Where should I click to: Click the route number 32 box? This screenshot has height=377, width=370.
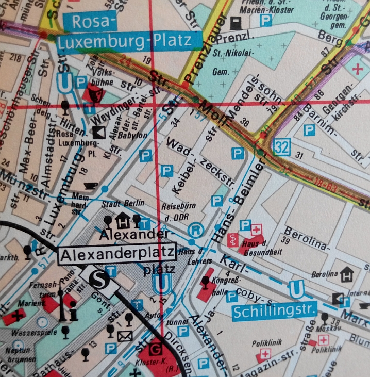point(281,147)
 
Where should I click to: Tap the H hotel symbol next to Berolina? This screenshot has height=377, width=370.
point(347,272)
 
